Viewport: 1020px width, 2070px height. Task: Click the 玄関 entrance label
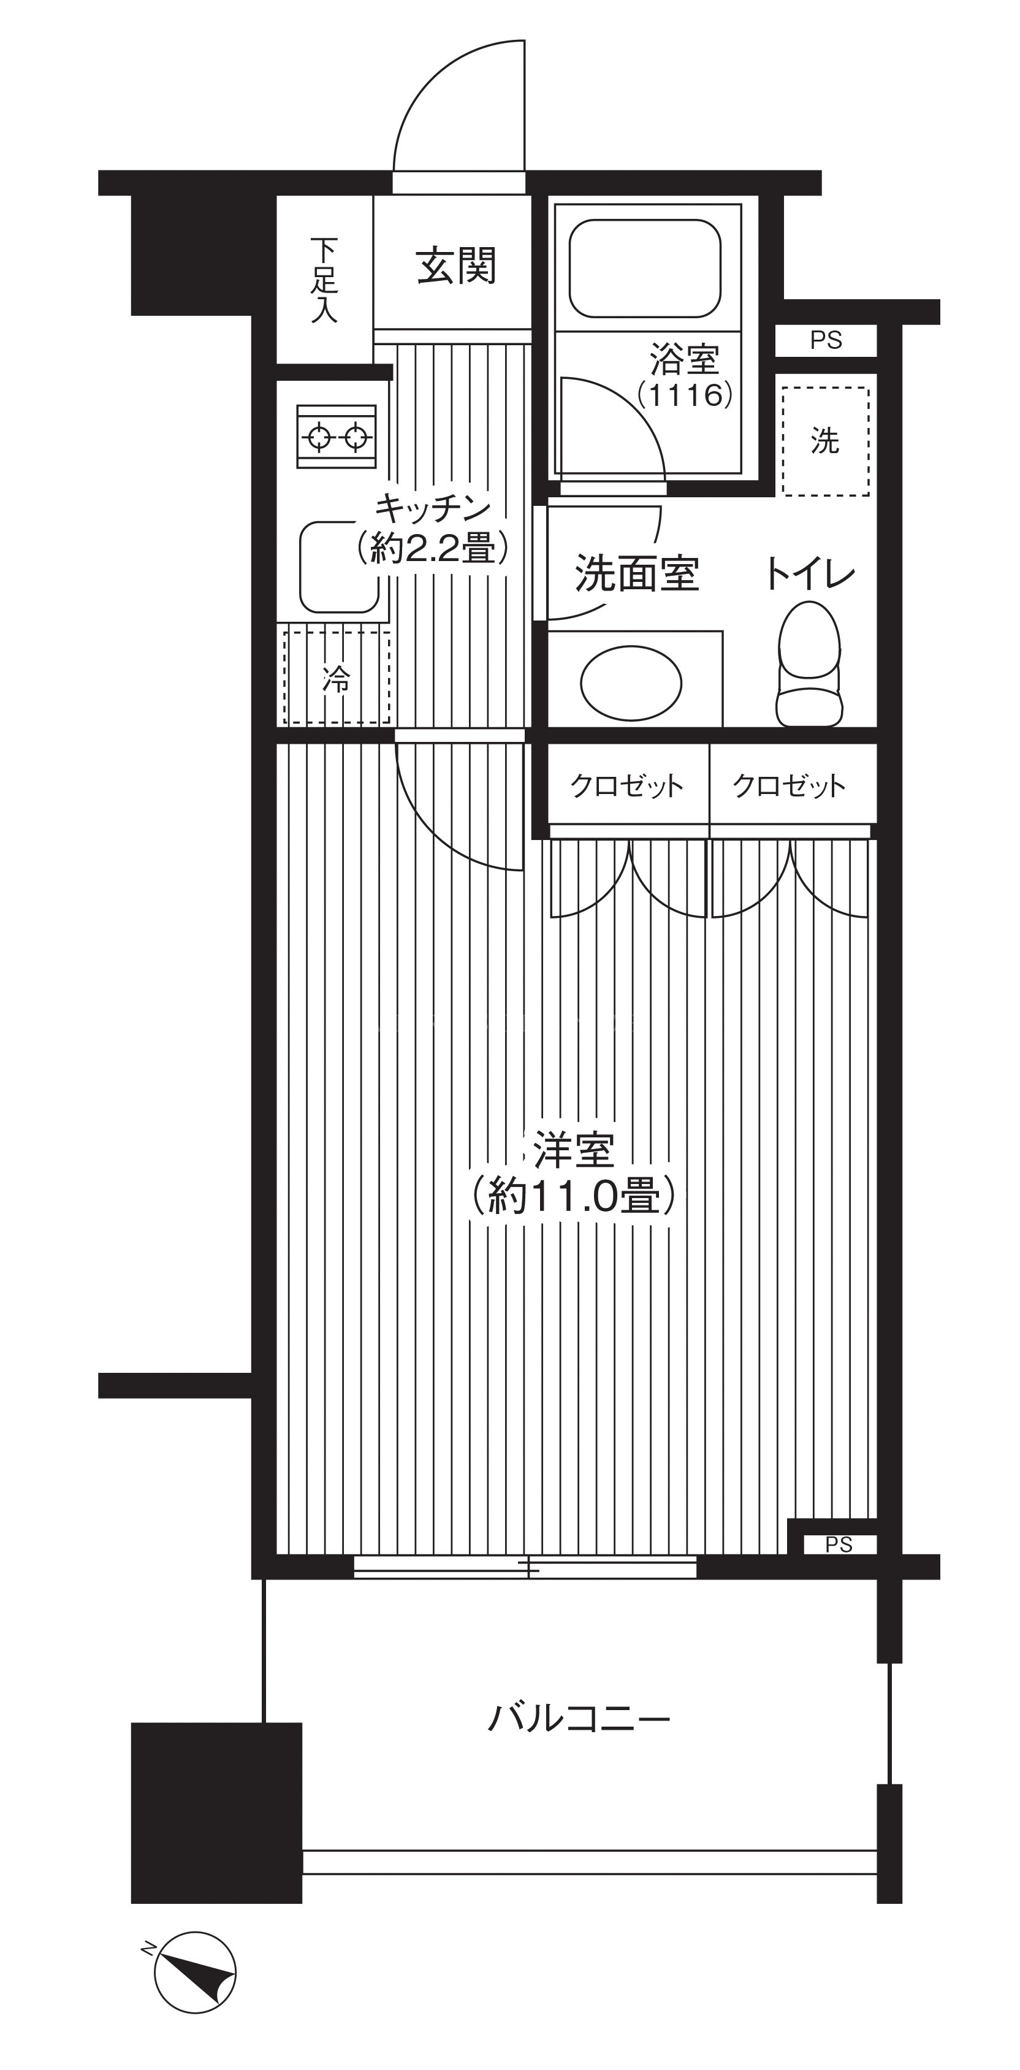pos(456,266)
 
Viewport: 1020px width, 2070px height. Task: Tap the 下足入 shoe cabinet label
pos(324,280)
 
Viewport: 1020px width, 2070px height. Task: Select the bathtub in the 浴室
pos(644,269)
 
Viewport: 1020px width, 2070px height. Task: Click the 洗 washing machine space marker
pos(826,441)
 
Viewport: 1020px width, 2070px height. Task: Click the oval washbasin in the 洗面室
pos(631,684)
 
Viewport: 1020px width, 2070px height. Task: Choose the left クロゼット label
pos(626,785)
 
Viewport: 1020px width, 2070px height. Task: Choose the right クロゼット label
pos(790,785)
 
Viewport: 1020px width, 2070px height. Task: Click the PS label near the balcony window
pos(839,1545)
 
